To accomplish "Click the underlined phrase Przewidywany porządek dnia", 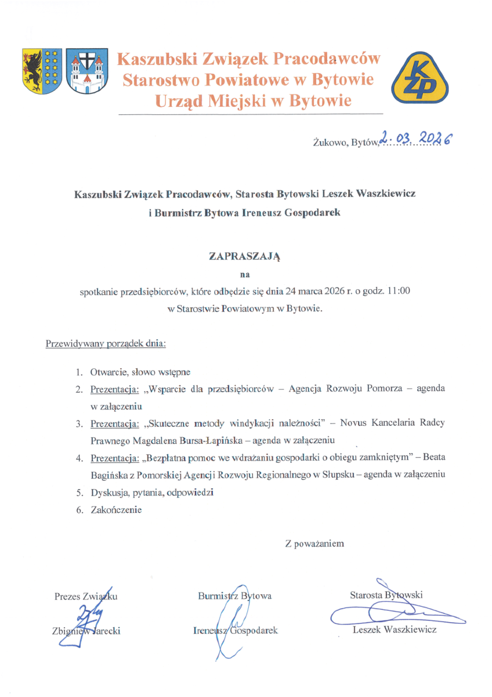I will pyautogui.click(x=106, y=343).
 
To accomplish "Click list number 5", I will pyautogui.click(x=81, y=493).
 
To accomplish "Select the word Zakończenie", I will pyautogui.click(x=116, y=511).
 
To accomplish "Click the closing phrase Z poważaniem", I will pyautogui.click(x=314, y=544).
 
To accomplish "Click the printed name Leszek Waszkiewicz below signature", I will pyautogui.click(x=395, y=630).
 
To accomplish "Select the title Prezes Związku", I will pyautogui.click(x=86, y=596).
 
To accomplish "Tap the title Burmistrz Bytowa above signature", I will pyautogui.click(x=234, y=596).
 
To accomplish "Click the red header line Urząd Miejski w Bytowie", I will pyautogui.click(x=253, y=101).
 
